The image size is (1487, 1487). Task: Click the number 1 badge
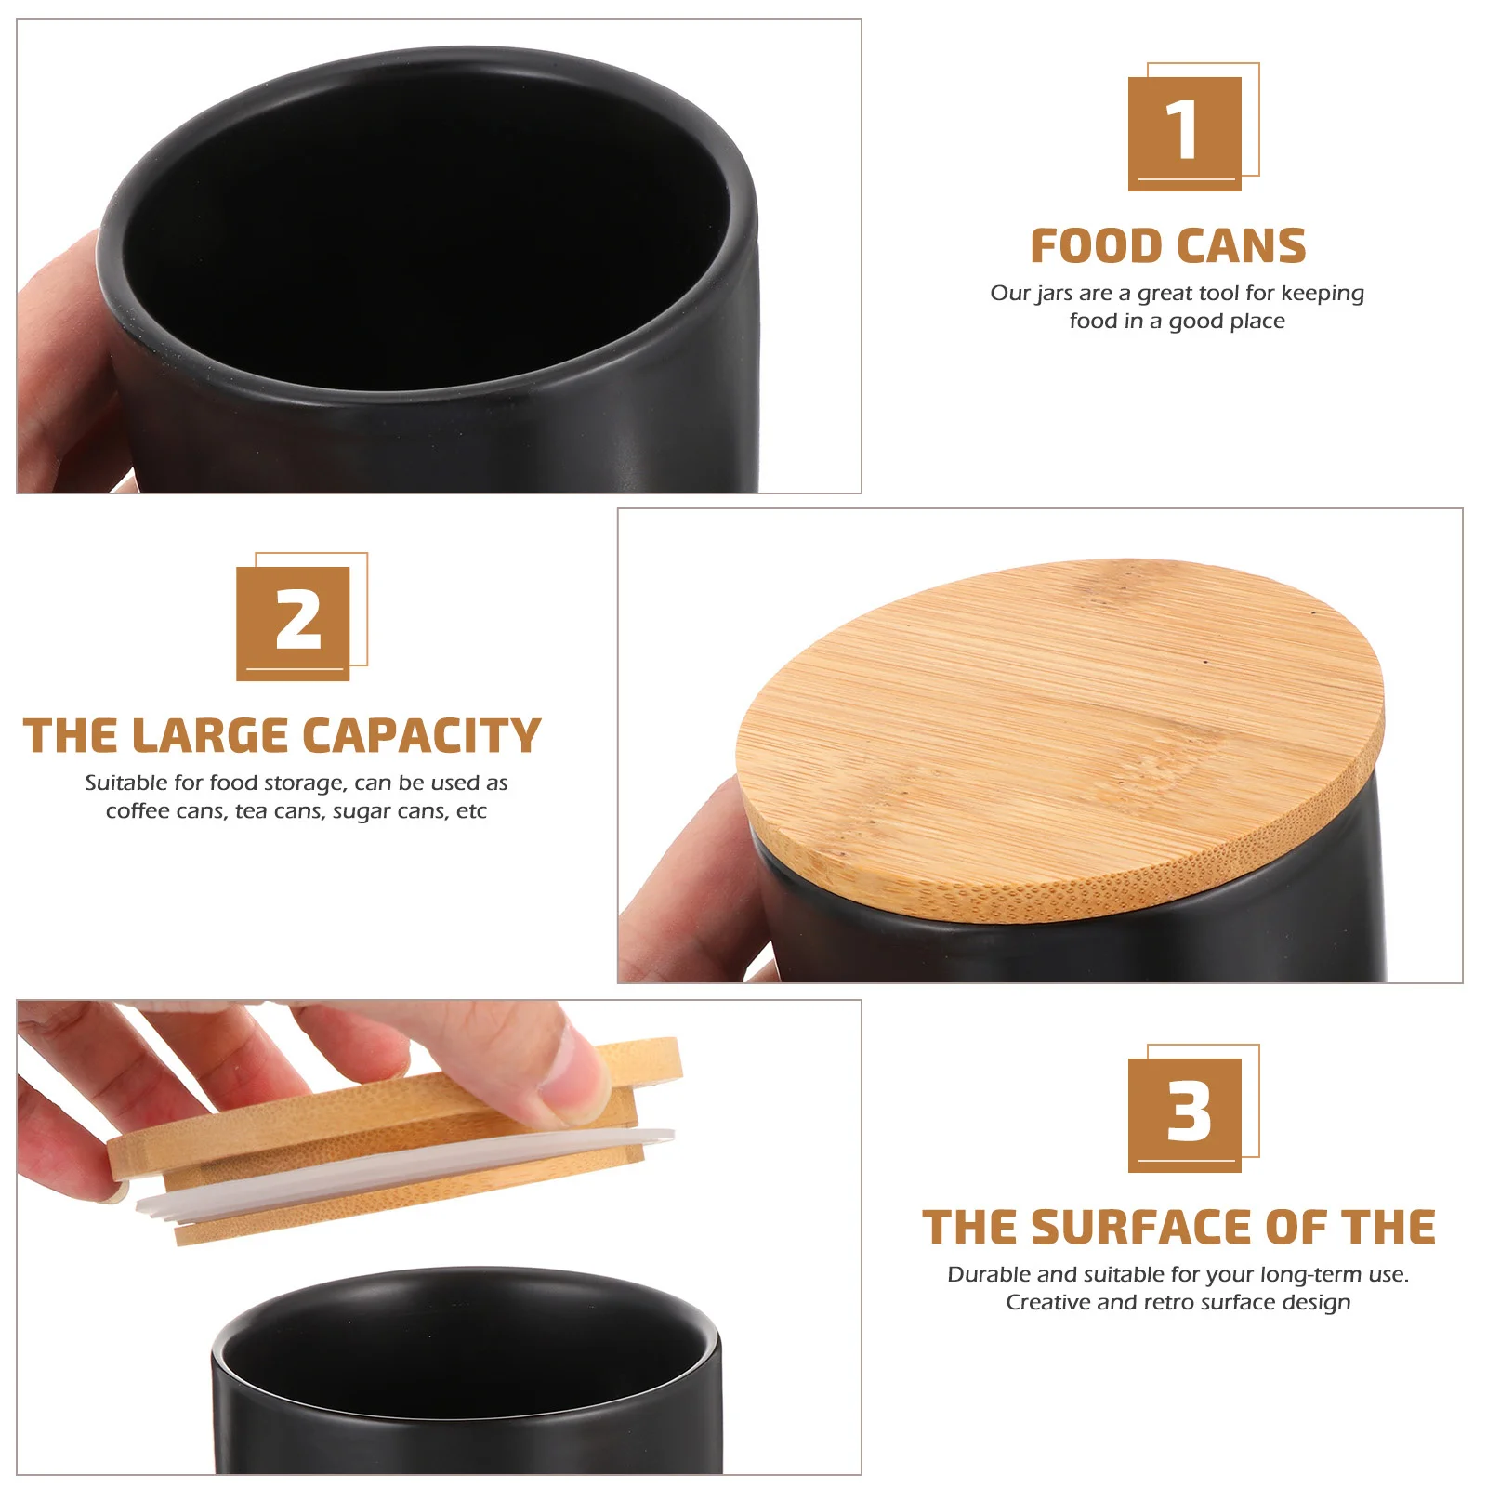point(1185,134)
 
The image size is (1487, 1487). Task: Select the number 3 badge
point(1185,1115)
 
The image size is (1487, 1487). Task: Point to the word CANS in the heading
point(1231,247)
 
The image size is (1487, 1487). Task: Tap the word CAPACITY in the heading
point(423,736)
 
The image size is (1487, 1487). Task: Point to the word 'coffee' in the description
point(138,811)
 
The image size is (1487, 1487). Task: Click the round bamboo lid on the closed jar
point(1059,739)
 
